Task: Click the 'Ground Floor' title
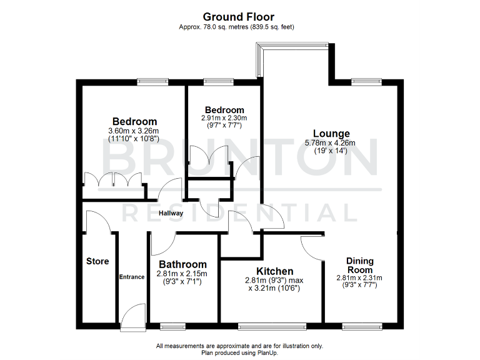(239, 17)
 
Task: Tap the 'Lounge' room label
(331, 134)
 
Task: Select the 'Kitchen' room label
(275, 271)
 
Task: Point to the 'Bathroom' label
(182, 264)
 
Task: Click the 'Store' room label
(97, 261)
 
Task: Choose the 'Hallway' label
(171, 213)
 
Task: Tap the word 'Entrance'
(132, 277)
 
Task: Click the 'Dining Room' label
(361, 266)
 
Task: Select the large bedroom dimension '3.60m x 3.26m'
(134, 131)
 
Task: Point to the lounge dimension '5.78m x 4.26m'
(330, 143)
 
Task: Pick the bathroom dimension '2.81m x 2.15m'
(182, 274)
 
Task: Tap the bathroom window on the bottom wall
(172, 326)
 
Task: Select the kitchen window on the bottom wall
(272, 326)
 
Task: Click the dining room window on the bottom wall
(362, 326)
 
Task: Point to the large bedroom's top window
(153, 81)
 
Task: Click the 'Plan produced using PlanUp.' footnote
(239, 352)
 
